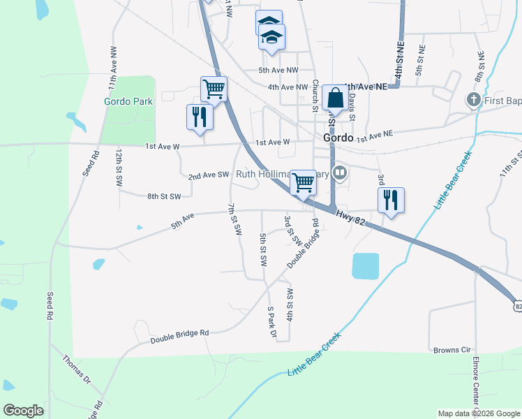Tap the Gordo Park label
(128, 101)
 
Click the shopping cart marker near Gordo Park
(214, 89)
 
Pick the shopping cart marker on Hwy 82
(303, 182)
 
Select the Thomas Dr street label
(77, 369)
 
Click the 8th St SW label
(164, 197)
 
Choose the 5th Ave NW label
(278, 71)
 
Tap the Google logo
(24, 411)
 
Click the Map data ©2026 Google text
(479, 413)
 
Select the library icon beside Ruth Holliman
(340, 172)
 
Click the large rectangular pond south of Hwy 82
(366, 266)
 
